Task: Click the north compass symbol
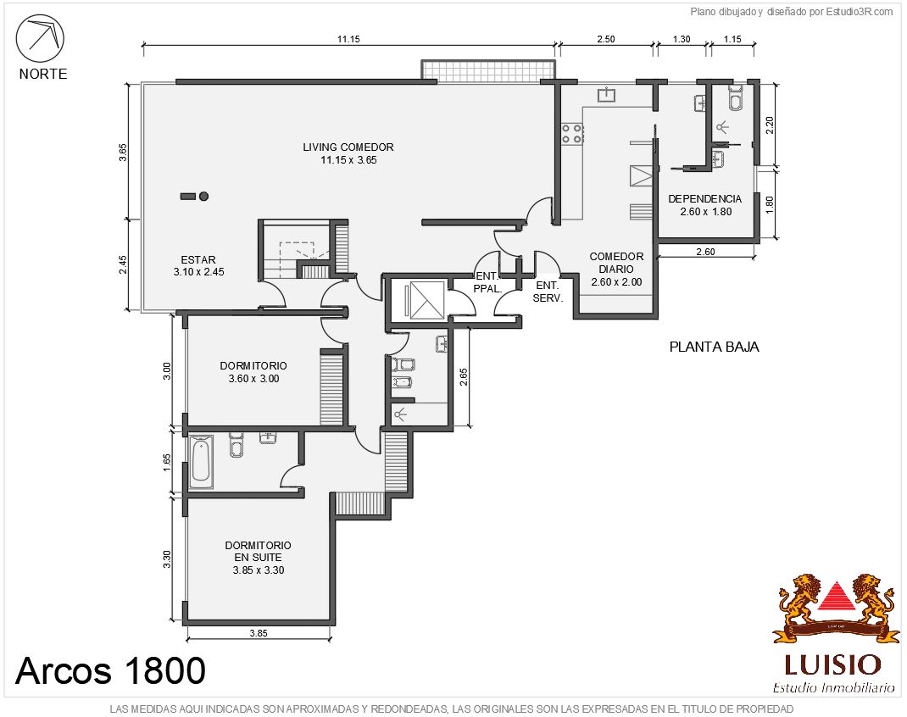40,38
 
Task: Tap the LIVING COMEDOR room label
348,153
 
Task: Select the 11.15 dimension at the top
348,39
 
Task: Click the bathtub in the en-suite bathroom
201,462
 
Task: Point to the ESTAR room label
198,266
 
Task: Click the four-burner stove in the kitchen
572,134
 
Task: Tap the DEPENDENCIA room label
705,205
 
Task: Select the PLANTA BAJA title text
714,347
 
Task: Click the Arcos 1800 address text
110,670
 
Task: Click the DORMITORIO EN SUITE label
258,558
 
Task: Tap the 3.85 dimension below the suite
259,633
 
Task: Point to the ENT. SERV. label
548,292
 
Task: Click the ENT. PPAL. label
487,282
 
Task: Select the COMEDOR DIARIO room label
616,269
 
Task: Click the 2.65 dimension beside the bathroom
464,377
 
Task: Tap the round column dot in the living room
203,197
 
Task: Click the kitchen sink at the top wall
606,94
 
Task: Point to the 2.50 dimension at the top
605,39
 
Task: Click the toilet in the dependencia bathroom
736,97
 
